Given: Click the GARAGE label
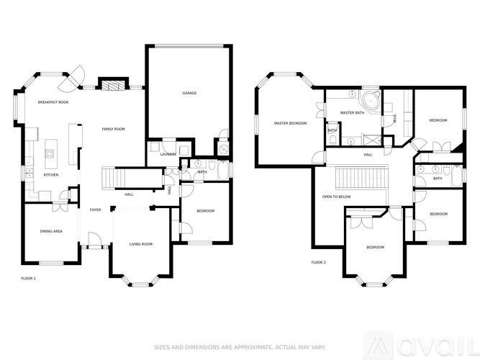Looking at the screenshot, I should pyautogui.click(x=189, y=93).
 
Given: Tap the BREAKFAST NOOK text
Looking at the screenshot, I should pyautogui.click(x=53, y=103).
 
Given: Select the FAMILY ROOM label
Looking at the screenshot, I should pyautogui.click(x=113, y=129).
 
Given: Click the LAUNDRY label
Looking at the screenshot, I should pyautogui.click(x=168, y=153).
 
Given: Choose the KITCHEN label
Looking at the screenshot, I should pyautogui.click(x=50, y=175).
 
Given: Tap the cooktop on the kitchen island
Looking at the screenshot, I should pyautogui.click(x=50, y=152).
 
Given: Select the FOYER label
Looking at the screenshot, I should pyautogui.click(x=95, y=210).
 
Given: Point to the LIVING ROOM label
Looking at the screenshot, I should pyautogui.click(x=141, y=244).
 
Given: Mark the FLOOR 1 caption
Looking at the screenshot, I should pyautogui.click(x=28, y=278).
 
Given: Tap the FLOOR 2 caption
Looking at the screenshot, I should pyautogui.click(x=318, y=263).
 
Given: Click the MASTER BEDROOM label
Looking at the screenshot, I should pyautogui.click(x=290, y=123).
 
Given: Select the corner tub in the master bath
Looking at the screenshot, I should pyautogui.click(x=371, y=100).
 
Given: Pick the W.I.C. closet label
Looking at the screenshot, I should pyautogui.click(x=394, y=120).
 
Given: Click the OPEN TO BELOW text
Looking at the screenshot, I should pyautogui.click(x=337, y=196).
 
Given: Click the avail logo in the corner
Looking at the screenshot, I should pyautogui.click(x=433, y=343).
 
